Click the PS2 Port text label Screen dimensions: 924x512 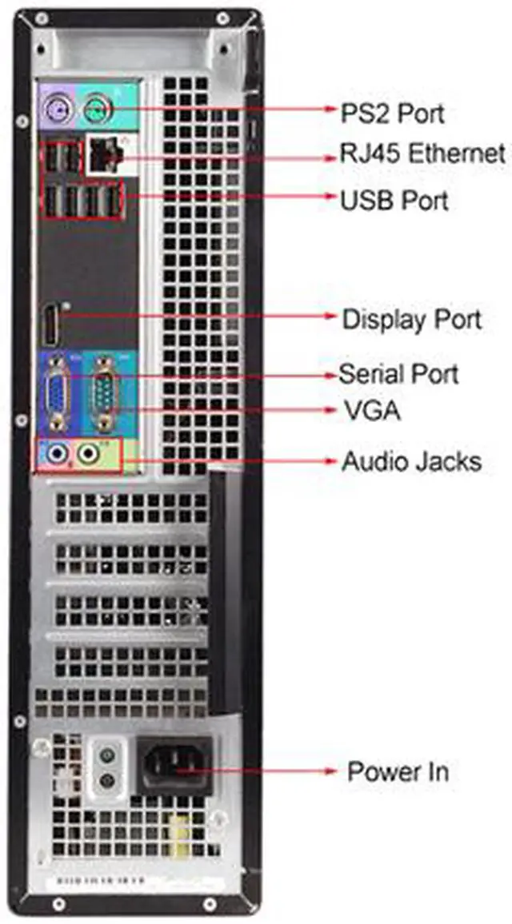(x=393, y=112)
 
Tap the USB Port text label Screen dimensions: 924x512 (x=394, y=200)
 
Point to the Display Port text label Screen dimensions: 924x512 (x=411, y=319)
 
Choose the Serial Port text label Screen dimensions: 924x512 (x=398, y=372)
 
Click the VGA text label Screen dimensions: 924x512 (x=371, y=412)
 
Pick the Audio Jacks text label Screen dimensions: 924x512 (x=411, y=461)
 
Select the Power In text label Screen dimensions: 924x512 (x=398, y=771)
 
